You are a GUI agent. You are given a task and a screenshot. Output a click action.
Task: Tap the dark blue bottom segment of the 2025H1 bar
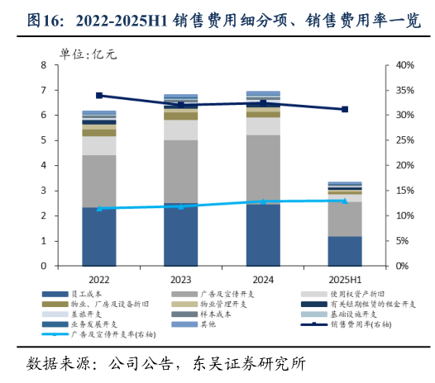[344, 251]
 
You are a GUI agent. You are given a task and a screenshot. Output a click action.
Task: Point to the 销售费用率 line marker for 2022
[99, 96]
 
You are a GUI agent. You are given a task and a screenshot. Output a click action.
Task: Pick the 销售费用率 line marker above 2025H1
[344, 109]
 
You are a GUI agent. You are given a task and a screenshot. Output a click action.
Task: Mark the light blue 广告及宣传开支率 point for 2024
[263, 201]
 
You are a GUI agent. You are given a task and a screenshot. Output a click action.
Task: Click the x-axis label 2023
[181, 279]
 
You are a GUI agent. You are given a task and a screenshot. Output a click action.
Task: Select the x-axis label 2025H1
[344, 279]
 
